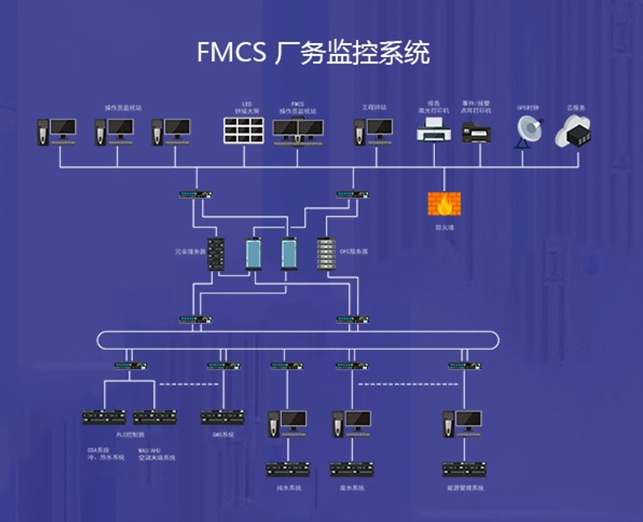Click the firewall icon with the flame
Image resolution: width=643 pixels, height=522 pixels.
pos(444,203)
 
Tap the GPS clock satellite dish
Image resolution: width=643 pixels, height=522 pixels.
pos(528,131)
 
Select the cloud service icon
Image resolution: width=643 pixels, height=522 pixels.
pos(573,131)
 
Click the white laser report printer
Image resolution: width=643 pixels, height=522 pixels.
pos(433,131)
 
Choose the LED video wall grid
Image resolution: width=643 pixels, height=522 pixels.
pos(243,131)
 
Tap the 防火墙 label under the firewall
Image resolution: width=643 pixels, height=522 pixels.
pos(444,228)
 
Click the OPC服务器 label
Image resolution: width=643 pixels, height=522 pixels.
pos(354,252)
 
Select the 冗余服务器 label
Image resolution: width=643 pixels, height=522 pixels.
pos(190,252)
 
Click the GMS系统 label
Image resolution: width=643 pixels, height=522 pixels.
pos(223,434)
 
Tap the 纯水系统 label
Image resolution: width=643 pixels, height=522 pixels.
pos(289,488)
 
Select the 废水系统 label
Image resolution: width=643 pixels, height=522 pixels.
pos(353,488)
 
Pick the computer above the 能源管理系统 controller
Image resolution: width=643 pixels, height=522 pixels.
pos(463,423)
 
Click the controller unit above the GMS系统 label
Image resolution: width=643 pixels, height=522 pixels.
pos(223,417)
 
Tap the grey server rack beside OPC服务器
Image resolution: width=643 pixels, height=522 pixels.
pos(325,253)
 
